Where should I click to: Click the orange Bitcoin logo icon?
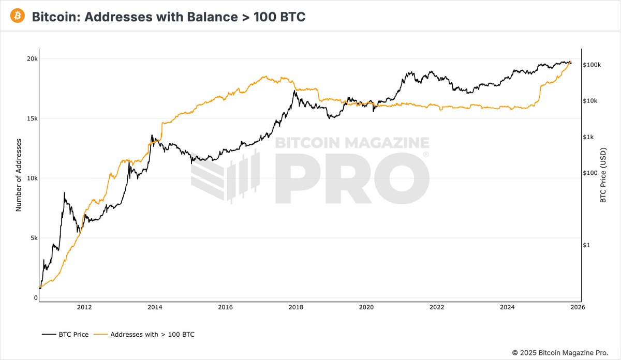(x=17, y=17)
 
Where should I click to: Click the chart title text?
(x=169, y=17)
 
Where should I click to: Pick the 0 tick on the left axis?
(x=36, y=298)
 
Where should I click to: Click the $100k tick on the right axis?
(x=592, y=65)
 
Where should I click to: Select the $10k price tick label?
(x=590, y=101)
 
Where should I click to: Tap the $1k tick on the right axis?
(x=589, y=137)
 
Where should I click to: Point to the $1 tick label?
(x=586, y=245)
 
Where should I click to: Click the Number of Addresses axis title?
(x=19, y=175)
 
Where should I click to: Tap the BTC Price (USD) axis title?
(x=603, y=175)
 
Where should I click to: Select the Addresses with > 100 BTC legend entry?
(x=146, y=335)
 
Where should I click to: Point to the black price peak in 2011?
(x=65, y=192)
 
